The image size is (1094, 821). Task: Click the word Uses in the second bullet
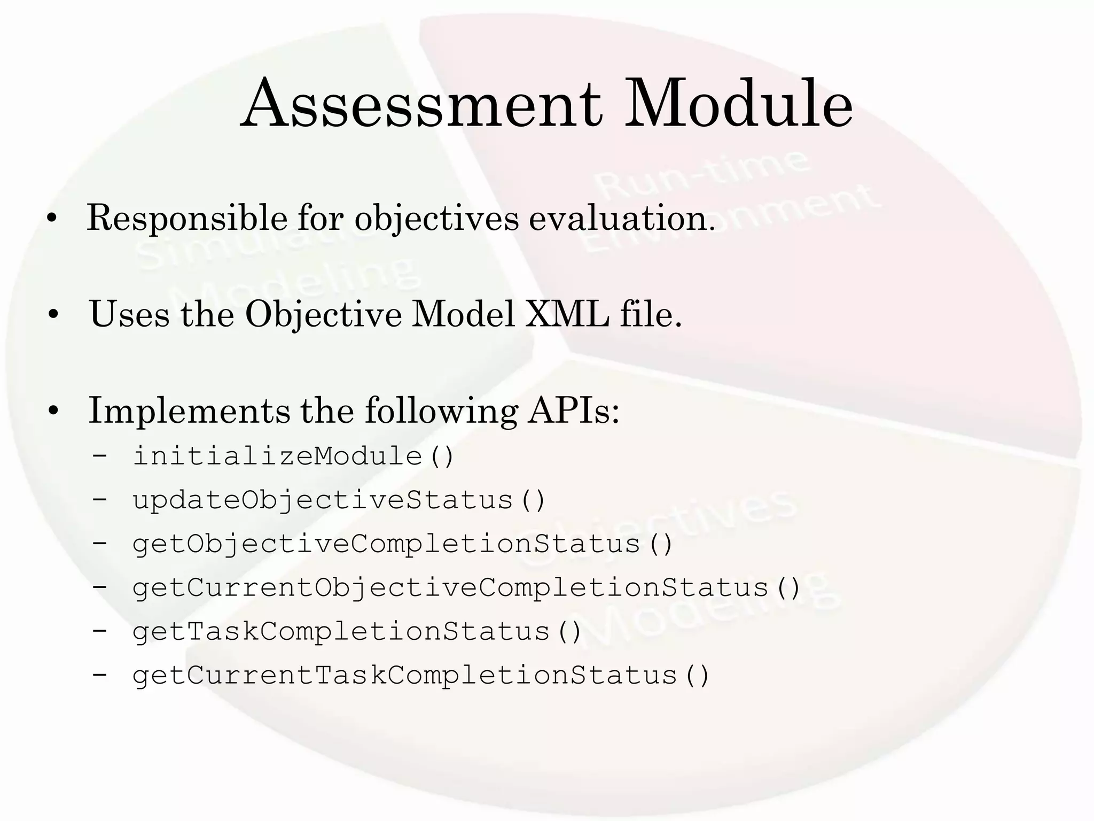pyautogui.click(x=130, y=314)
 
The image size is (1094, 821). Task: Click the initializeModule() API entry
pyautogui.click(x=293, y=456)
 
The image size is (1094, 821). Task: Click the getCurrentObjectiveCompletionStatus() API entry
pyautogui.click(x=466, y=588)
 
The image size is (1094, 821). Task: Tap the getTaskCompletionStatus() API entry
pyautogui.click(x=357, y=632)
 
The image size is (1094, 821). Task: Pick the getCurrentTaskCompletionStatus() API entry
pyautogui.click(x=421, y=676)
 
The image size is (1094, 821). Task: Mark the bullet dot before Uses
pyautogui.click(x=52, y=315)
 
